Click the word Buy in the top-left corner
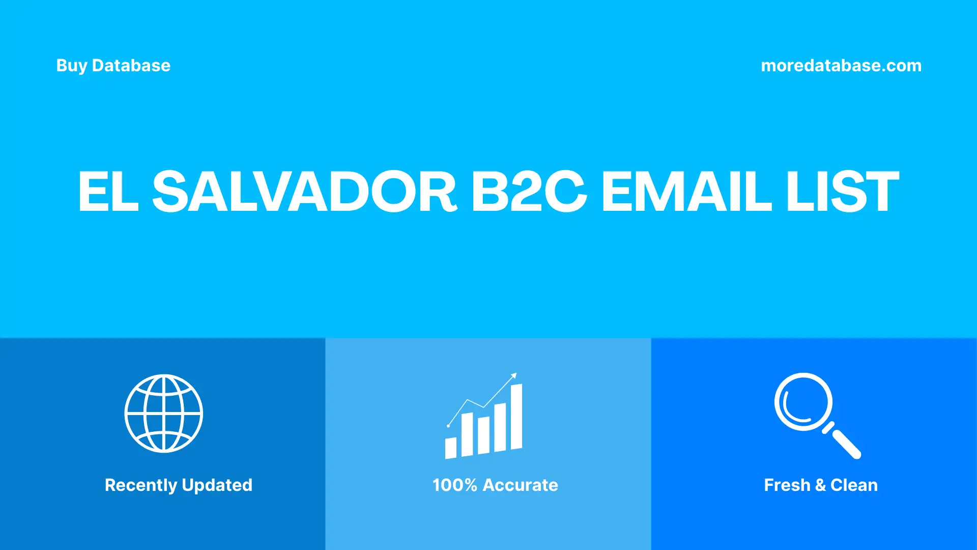pos(71,66)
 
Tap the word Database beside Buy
pos(131,66)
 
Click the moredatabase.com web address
pos(841,66)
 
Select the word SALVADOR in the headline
pos(304,191)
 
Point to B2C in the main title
pos(529,191)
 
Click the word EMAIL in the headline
pos(686,191)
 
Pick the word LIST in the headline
pos(843,191)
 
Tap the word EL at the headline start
pos(108,191)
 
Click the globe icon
pos(164,414)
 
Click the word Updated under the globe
pos(217,485)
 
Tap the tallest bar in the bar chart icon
pos(516,417)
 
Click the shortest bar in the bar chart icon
pos(450,448)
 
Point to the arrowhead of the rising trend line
pos(514,376)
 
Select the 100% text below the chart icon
pos(454,485)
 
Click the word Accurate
pos(520,485)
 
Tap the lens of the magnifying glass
pos(803,402)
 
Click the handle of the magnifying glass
pos(846,444)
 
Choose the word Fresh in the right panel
pos(787,485)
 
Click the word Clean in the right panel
pos(854,485)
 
